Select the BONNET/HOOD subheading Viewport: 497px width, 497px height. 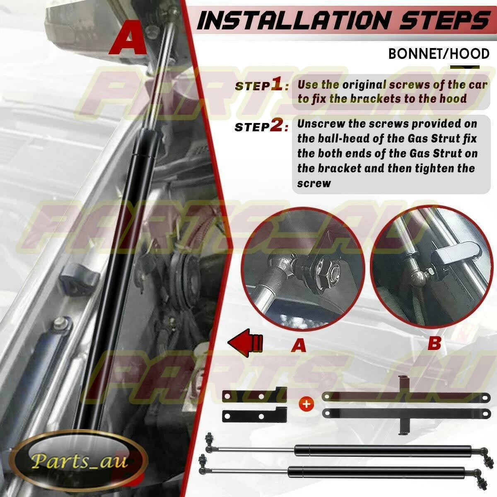(x=439, y=54)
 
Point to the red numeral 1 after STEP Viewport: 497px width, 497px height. (x=277, y=84)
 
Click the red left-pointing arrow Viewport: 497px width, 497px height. (x=245, y=343)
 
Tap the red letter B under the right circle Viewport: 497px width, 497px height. (x=434, y=343)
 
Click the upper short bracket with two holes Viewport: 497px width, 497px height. (x=254, y=394)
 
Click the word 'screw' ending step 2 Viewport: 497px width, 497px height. (x=314, y=183)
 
